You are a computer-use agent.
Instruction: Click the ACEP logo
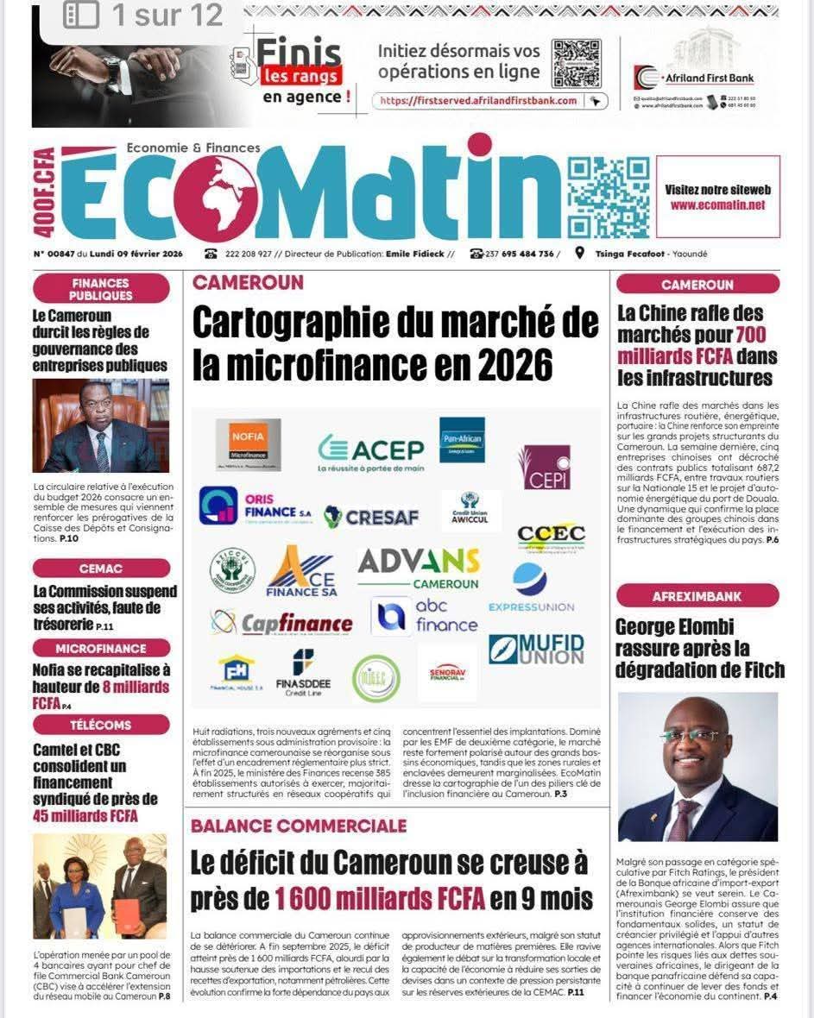[371, 450]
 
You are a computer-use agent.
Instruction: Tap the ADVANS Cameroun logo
[419, 567]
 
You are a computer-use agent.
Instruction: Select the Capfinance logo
[282, 622]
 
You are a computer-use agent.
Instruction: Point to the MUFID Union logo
[536, 649]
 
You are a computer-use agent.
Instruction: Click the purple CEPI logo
[544, 467]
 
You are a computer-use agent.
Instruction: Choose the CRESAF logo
[371, 517]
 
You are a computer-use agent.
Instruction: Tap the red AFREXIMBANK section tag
[697, 596]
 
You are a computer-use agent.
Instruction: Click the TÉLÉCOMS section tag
[101, 725]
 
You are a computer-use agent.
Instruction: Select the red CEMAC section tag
[101, 569]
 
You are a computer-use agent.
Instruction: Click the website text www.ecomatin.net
[717, 205]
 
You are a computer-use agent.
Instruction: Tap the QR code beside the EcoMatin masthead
[608, 198]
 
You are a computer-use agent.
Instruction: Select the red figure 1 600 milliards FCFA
[380, 899]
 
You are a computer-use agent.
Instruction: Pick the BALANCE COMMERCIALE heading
[299, 826]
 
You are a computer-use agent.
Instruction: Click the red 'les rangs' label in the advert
[302, 76]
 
